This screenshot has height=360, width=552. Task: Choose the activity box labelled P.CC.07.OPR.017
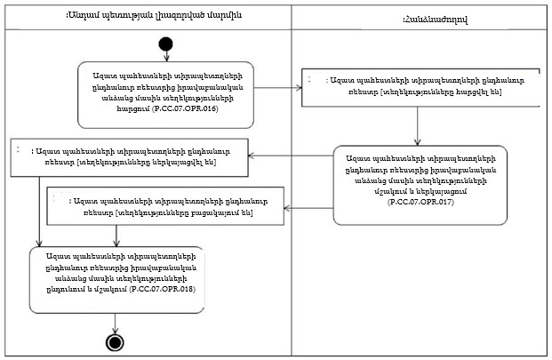click(420, 186)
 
